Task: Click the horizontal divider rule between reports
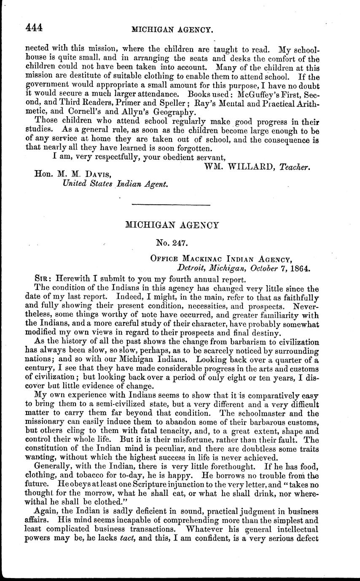point(171,205)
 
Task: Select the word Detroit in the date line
point(192,268)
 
